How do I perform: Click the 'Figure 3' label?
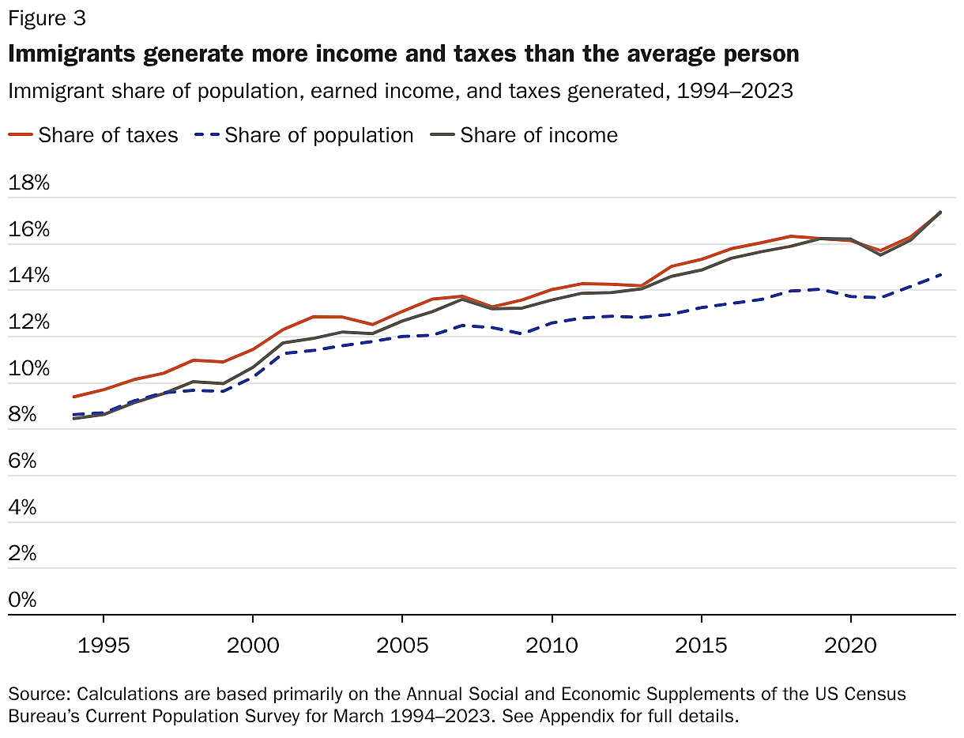(x=47, y=17)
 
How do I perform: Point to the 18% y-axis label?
(x=28, y=184)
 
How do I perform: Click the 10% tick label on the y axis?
(x=28, y=369)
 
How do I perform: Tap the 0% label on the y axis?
(x=23, y=600)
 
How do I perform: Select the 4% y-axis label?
(x=23, y=507)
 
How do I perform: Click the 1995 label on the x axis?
(x=103, y=646)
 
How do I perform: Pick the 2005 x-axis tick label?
(x=402, y=646)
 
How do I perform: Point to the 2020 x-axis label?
(x=851, y=646)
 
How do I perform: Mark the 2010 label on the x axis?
(x=552, y=646)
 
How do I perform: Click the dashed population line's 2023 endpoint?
(x=940, y=274)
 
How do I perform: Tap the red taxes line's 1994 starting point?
(x=73, y=397)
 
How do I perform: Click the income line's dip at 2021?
(x=880, y=254)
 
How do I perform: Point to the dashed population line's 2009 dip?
(x=522, y=333)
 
